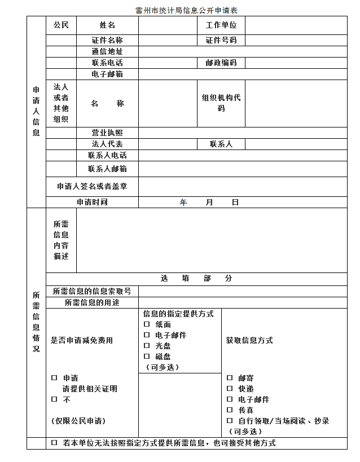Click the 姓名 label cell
pos(107,25)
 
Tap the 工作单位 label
pos(221,25)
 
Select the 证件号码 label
pos(221,41)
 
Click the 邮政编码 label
pos(221,63)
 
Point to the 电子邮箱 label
pos(107,74)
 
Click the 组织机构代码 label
pos(221,103)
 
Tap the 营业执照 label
pos(107,133)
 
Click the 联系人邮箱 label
pos(107,169)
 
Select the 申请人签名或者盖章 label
pos(92,186)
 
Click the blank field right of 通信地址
pos(243,52)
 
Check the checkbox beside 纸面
pos(147,324)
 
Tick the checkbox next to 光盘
pos(147,346)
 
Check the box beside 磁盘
pos(147,357)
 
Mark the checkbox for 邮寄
pos(230,378)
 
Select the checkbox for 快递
pos(230,389)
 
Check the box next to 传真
pos(230,410)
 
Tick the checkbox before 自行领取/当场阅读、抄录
pos(230,421)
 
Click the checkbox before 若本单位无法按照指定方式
pos(54,443)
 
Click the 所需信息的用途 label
pos(92,303)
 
